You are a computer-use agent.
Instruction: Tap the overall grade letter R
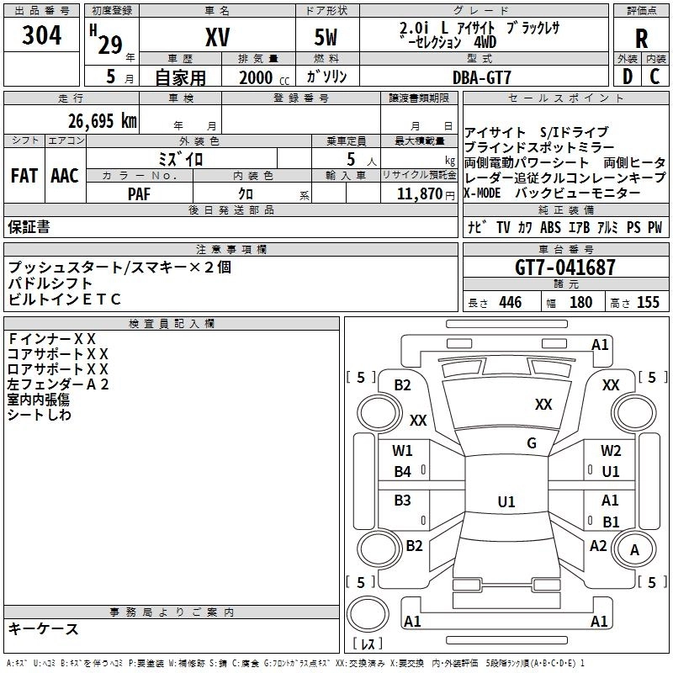click(641, 38)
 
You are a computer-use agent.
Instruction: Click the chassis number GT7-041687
click(565, 268)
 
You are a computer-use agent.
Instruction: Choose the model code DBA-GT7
click(482, 77)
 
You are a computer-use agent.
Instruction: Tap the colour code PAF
click(138, 193)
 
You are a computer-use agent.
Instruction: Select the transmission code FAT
click(24, 175)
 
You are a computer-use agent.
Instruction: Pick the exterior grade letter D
click(626, 76)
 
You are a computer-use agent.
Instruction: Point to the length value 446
click(510, 302)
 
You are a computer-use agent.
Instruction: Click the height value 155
click(648, 302)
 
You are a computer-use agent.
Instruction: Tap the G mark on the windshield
click(532, 442)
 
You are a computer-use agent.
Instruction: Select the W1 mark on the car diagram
click(402, 450)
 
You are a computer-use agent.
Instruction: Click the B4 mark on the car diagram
click(402, 472)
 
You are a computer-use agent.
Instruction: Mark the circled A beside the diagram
click(635, 549)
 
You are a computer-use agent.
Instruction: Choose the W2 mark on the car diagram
click(611, 450)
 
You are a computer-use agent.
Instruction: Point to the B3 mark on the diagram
click(402, 501)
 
